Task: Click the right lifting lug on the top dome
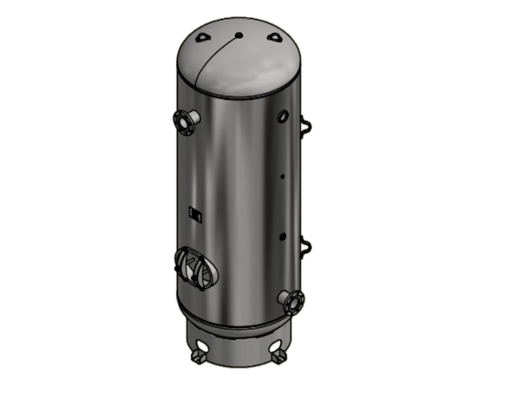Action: tap(275, 37)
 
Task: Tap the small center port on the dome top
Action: tap(238, 35)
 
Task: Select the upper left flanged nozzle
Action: tap(183, 121)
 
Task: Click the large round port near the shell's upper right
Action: tap(282, 117)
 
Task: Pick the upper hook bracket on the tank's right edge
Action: tap(304, 125)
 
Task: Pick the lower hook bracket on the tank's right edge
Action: tap(304, 246)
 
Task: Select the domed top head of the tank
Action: tap(238, 60)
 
